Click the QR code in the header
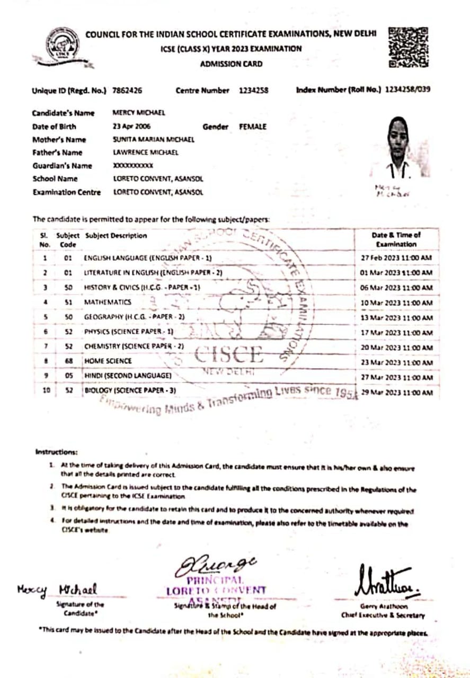[x=408, y=47]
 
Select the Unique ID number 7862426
[x=127, y=91]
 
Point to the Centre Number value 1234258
[x=253, y=91]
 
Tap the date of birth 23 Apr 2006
[x=131, y=127]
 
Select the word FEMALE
[x=253, y=127]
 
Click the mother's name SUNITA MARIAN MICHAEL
[x=154, y=140]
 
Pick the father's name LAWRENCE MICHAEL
[x=146, y=153]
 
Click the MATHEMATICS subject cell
[x=108, y=302]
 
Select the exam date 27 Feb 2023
[x=396, y=258]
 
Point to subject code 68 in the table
[x=68, y=361]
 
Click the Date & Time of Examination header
[x=396, y=239]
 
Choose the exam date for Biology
[x=396, y=392]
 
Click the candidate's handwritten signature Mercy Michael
[x=57, y=590]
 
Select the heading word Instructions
[x=57, y=452]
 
